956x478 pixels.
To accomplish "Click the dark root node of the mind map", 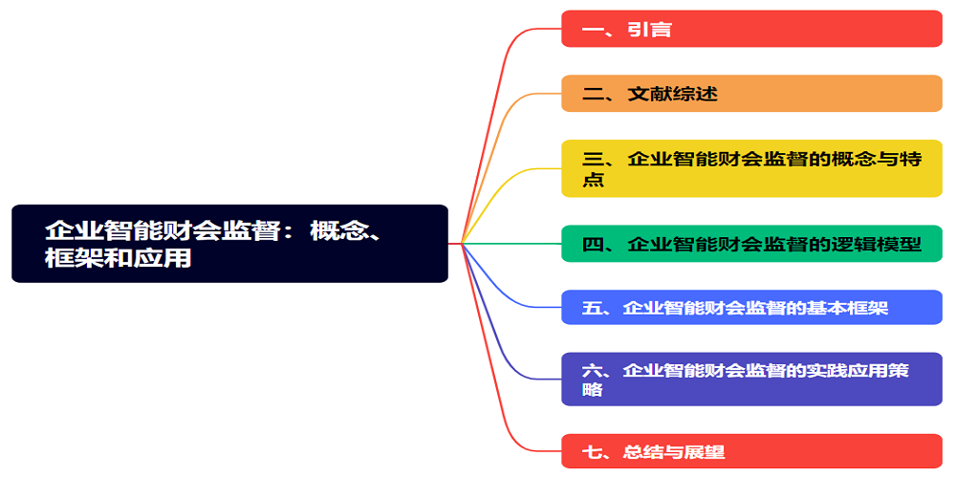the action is tap(229, 243).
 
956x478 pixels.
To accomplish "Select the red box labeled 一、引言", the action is tap(751, 29).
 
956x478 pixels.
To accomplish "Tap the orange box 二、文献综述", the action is tap(751, 94).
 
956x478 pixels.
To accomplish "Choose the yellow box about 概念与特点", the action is tap(751, 169).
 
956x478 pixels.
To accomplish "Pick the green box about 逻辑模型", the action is tap(751, 244).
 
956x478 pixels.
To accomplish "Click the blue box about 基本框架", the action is tap(751, 307).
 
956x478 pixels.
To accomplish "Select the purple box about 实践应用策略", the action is tap(751, 379).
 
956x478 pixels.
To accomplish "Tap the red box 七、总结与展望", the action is tap(751, 451).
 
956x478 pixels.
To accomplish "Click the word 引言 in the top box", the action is tap(649, 29).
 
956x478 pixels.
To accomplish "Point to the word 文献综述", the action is tap(672, 94).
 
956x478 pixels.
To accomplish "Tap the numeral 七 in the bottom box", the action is tap(592, 452).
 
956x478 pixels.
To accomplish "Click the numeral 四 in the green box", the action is tap(593, 245).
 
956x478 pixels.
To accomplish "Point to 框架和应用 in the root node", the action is tap(119, 258).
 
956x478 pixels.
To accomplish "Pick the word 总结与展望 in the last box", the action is tap(674, 452).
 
